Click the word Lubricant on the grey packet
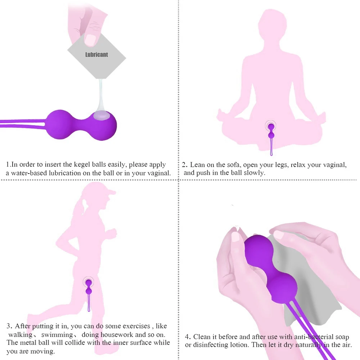click(x=96, y=55)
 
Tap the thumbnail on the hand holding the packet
click(x=90, y=39)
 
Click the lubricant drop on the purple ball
click(x=101, y=115)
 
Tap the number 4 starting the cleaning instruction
click(x=187, y=337)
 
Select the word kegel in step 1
click(x=82, y=165)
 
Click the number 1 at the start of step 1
click(x=8, y=165)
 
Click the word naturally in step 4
click(x=309, y=345)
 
